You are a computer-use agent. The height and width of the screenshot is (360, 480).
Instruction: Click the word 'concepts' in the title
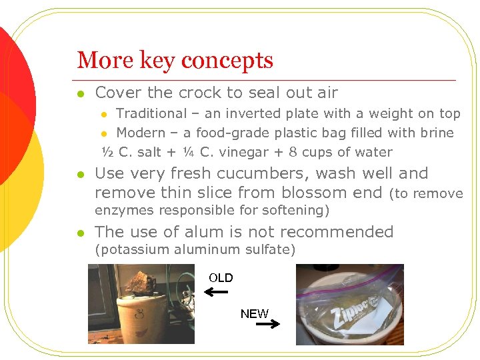click(227, 61)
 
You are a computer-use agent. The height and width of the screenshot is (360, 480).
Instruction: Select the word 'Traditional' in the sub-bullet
click(151, 114)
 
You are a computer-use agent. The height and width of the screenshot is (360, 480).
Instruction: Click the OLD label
click(221, 278)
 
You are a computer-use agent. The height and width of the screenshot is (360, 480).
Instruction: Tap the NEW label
click(254, 314)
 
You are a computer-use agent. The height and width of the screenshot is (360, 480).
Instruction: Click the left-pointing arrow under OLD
click(217, 293)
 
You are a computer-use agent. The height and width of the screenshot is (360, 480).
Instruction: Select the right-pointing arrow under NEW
click(267, 325)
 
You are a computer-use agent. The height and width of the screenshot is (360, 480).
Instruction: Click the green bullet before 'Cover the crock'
click(80, 93)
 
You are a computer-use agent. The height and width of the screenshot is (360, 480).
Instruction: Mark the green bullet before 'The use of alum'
click(80, 233)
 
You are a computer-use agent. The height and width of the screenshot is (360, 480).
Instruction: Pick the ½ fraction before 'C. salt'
click(107, 152)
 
